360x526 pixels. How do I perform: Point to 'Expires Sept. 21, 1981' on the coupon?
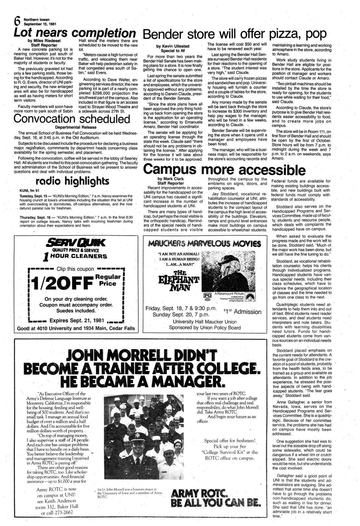click(76, 321)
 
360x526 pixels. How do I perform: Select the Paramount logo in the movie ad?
click(254, 296)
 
